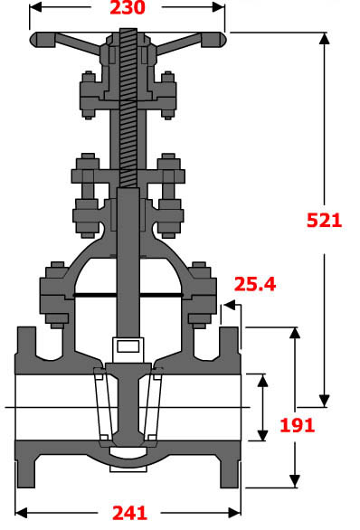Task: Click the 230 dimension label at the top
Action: pyautogui.click(x=127, y=9)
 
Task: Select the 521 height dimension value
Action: pyautogui.click(x=324, y=220)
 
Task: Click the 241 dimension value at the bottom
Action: pyautogui.click(x=128, y=513)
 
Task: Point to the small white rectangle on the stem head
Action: pyautogui.click(x=127, y=345)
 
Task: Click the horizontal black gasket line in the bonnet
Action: pyautogui.click(x=127, y=296)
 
